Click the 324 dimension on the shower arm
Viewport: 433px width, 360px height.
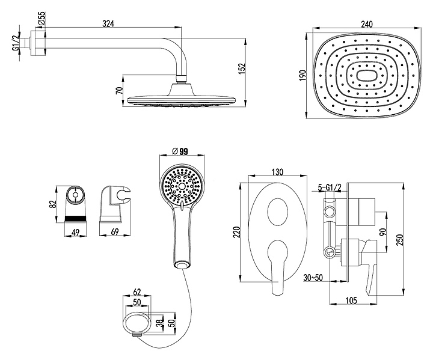click(108, 23)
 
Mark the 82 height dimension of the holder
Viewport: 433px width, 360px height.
click(53, 203)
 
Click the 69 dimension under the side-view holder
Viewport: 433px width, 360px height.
click(114, 231)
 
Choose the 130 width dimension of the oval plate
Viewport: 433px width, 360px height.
click(277, 172)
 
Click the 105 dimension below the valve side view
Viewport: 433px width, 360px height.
click(354, 302)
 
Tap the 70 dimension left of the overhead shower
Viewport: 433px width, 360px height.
click(120, 90)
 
